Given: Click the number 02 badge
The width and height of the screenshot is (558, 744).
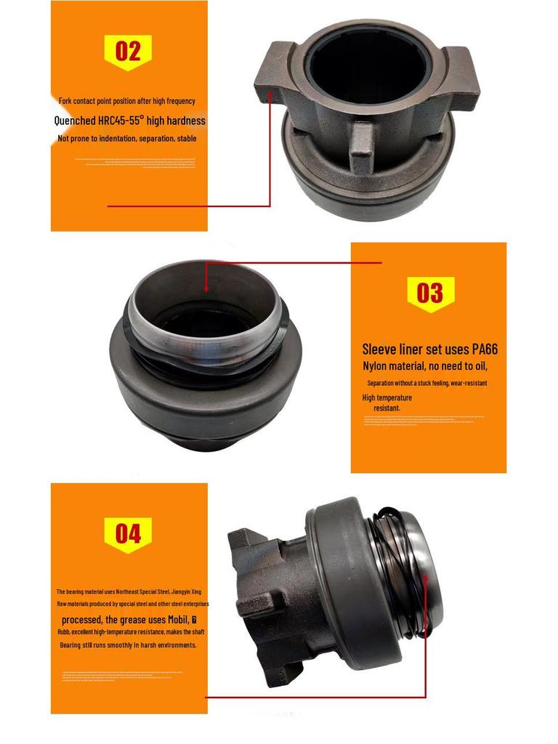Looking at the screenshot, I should tap(128, 52).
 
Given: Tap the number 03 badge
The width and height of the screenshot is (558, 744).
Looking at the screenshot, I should tap(429, 294).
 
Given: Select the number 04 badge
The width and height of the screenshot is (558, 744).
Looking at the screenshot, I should tap(128, 535).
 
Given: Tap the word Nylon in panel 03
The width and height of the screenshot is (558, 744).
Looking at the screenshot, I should tap(379, 365).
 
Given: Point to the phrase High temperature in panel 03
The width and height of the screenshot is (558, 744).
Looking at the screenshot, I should tap(387, 397).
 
